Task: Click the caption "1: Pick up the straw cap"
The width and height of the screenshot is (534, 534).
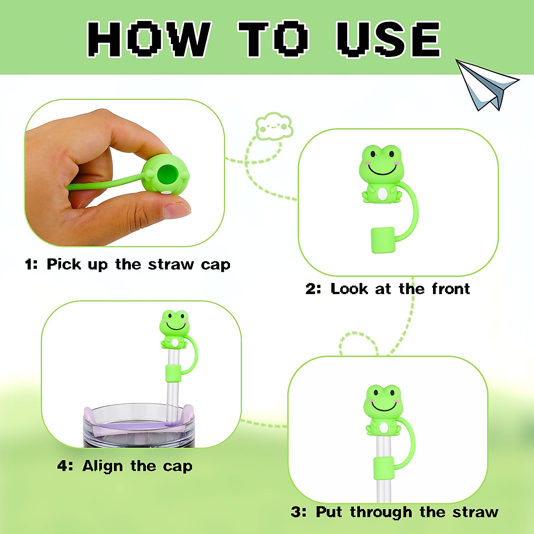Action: pyautogui.click(x=128, y=264)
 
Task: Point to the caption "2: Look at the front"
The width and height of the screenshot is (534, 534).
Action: pyautogui.click(x=388, y=289)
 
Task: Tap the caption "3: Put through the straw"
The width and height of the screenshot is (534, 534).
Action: pyautogui.click(x=394, y=512)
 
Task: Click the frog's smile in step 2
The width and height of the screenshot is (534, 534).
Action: pyautogui.click(x=382, y=171)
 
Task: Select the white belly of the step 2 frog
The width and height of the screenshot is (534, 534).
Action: pyautogui.click(x=382, y=194)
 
